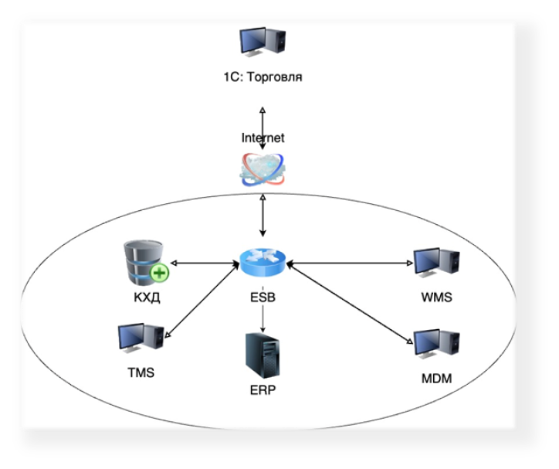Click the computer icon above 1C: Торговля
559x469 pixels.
tap(263, 42)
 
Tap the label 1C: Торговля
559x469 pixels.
tap(263, 77)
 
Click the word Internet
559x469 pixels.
tap(263, 138)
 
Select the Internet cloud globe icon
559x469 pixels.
tap(263, 169)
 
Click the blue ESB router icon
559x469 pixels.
tap(263, 263)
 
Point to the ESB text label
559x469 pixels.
tap(263, 297)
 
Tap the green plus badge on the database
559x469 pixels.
tap(159, 274)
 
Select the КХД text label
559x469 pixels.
tap(147, 297)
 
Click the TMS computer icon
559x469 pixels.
tap(141, 338)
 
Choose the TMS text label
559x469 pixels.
tap(141, 372)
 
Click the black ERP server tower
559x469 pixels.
tap(263, 355)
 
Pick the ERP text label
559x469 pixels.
tap(263, 390)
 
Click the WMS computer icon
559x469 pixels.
tap(436, 263)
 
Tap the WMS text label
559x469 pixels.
tap(437, 297)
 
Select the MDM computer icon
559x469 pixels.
tap(436, 344)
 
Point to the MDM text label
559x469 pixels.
tap(437, 379)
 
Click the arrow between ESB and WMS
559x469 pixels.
tap(350, 263)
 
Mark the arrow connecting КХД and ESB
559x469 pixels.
tap(205, 263)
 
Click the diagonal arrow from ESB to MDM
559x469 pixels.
tap(350, 303)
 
